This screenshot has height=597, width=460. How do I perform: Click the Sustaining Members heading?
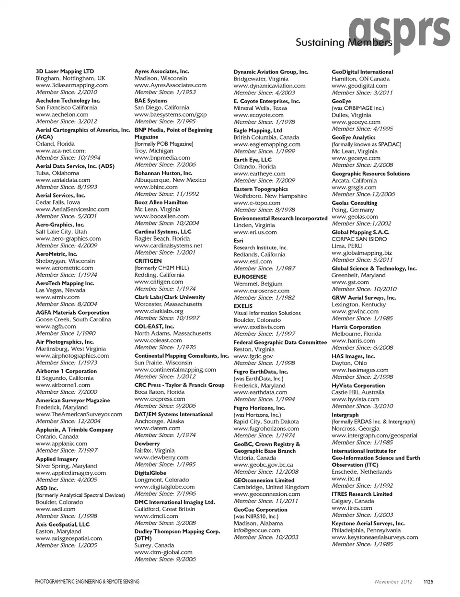coord(344,43)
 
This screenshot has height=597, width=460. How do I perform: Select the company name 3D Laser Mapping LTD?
coord(65,71)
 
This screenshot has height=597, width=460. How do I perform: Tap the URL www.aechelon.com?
coord(62,115)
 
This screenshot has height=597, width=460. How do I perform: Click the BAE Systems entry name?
coord(150,101)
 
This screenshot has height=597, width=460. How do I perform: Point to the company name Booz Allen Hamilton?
coord(161,202)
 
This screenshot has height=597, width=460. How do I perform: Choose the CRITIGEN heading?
coord(148,261)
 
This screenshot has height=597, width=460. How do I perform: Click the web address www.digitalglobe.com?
coord(164,487)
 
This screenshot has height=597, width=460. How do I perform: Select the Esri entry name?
coord(238,241)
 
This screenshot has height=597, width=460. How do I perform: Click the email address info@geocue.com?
coord(257,530)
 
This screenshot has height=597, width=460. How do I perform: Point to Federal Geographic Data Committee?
coord(280,342)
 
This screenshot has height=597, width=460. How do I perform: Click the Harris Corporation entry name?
coord(356,327)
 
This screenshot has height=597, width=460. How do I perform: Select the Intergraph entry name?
coord(345,415)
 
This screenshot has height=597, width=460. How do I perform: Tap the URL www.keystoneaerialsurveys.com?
coord(375,538)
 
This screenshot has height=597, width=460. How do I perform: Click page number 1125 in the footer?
coord(428,582)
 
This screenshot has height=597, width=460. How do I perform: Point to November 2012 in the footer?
coord(393,582)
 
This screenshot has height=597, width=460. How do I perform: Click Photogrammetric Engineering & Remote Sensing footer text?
coord(87,582)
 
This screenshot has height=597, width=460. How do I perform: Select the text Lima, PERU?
coord(347,246)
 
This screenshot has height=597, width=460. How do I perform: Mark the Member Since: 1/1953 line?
coord(165,92)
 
